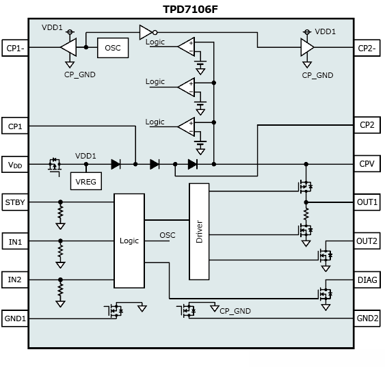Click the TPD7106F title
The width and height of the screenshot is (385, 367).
click(x=190, y=10)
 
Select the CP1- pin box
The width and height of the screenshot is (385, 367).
click(x=15, y=48)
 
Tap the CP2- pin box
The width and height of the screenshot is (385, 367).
click(x=367, y=48)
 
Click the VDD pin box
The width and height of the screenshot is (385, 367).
click(x=15, y=165)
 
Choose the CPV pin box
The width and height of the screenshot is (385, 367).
click(x=367, y=163)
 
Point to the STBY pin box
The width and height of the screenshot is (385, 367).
click(x=15, y=202)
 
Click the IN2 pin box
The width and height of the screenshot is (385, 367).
click(x=15, y=280)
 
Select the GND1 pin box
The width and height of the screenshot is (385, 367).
click(x=15, y=318)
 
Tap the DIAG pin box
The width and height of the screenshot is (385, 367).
click(x=367, y=280)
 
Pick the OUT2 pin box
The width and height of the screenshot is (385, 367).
click(x=367, y=241)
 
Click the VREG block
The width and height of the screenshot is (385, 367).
click(x=86, y=181)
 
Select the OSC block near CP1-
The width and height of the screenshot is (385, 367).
click(x=113, y=48)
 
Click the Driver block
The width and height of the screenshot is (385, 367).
click(x=199, y=232)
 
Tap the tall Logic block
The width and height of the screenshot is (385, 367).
click(x=129, y=241)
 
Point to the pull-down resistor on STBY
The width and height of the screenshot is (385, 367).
click(x=60, y=212)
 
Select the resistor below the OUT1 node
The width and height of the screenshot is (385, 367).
click(x=306, y=214)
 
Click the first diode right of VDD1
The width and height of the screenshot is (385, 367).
click(x=116, y=164)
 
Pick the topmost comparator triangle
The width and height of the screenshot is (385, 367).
click(x=187, y=46)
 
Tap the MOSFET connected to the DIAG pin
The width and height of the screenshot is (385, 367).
click(x=326, y=294)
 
